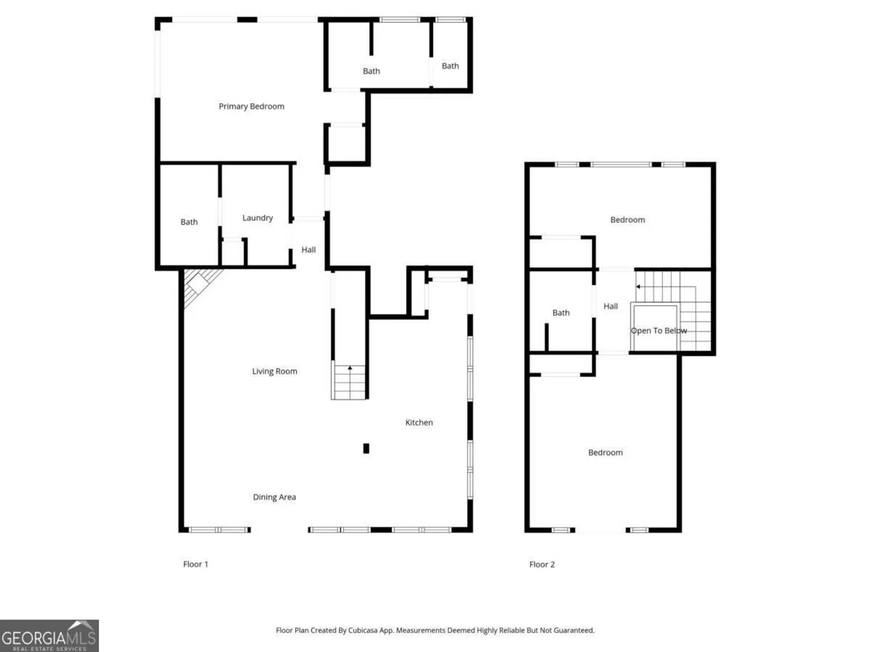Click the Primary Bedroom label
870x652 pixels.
click(x=251, y=106)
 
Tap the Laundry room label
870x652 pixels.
click(x=257, y=218)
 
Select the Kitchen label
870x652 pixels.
click(x=419, y=423)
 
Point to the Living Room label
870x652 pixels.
click(x=275, y=371)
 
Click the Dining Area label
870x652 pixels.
click(x=274, y=497)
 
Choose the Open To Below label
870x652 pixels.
click(x=659, y=331)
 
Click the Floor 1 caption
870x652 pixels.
click(x=195, y=564)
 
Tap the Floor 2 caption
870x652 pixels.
click(x=542, y=564)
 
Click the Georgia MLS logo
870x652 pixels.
click(x=49, y=636)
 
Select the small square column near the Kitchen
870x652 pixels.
click(x=366, y=449)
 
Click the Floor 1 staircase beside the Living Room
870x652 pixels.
click(x=349, y=382)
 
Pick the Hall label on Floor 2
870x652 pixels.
click(x=610, y=306)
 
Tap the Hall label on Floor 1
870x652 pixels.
click(x=308, y=249)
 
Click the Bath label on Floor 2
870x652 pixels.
click(x=561, y=313)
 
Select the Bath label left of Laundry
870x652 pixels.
click(x=189, y=222)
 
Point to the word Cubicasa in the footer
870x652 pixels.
click(x=362, y=630)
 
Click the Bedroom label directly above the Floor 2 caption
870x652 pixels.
click(x=605, y=453)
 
